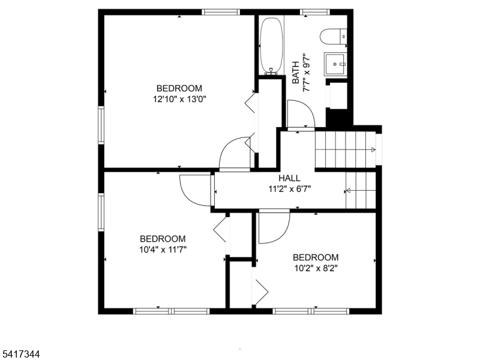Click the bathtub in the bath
tap(271, 46)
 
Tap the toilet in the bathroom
tap(334, 37)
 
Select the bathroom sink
tap(335, 64)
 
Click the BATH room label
tap(296, 73)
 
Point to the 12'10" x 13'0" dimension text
tap(179, 99)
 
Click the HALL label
tap(289, 178)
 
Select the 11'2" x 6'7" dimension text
tap(290, 189)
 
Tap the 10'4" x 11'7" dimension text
tap(163, 250)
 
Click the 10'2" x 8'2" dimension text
tap(316, 268)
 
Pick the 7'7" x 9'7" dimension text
tap(307, 73)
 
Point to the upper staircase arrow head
tap(373, 149)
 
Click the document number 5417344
tap(20, 355)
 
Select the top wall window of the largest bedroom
tap(221, 12)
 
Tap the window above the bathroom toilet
tap(314, 12)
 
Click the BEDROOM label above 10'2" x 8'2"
tap(316, 257)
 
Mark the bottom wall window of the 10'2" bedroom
tap(311, 311)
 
